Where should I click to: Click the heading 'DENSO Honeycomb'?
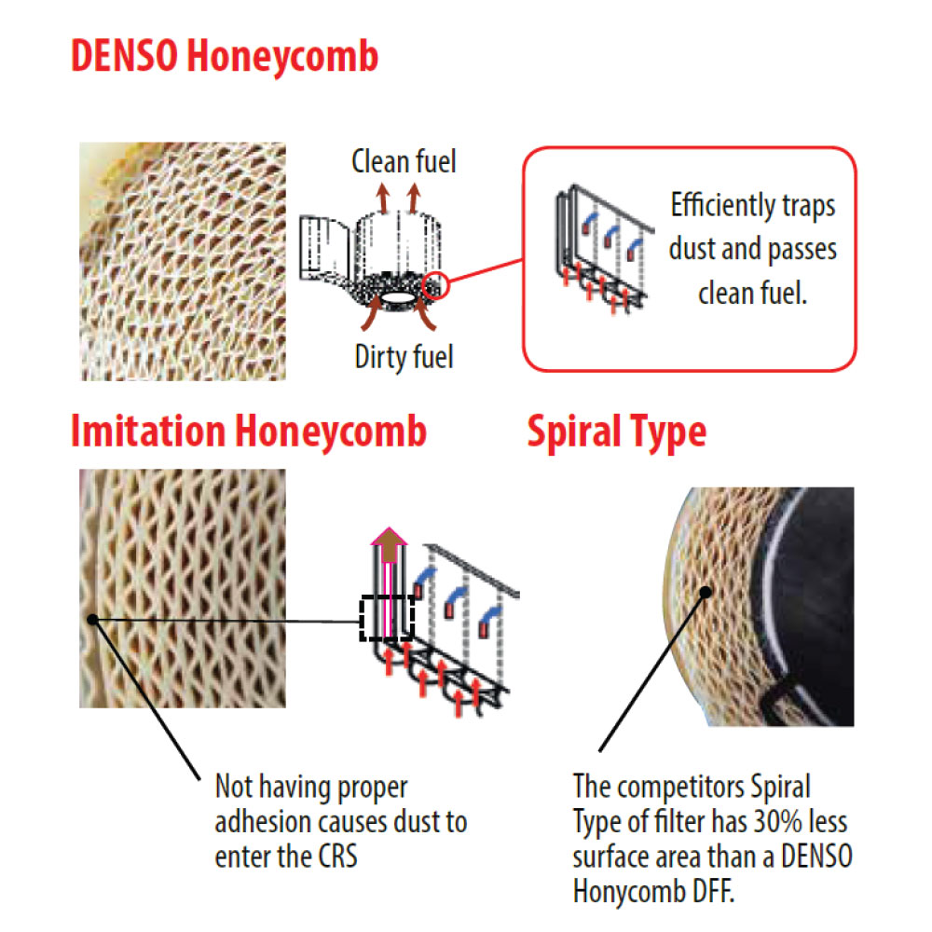click(225, 56)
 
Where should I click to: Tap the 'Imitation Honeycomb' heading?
click(249, 431)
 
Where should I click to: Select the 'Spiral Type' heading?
click(617, 432)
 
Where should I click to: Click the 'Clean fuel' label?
click(404, 161)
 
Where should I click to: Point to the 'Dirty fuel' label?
click(404, 357)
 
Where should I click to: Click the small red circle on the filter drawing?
click(435, 285)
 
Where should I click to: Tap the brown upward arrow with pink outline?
click(389, 544)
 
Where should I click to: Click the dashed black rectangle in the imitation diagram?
click(387, 618)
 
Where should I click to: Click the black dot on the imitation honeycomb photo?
click(92, 620)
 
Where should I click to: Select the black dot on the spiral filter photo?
click(706, 592)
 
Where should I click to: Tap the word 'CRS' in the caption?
click(337, 857)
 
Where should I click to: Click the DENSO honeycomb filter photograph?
click(183, 262)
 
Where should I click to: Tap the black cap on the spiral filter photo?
click(808, 607)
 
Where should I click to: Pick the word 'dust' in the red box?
click(692, 249)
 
